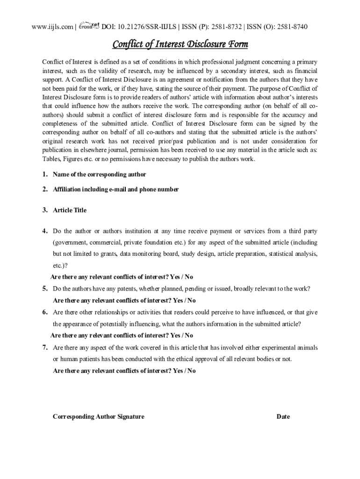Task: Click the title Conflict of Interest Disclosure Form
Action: point(180,44)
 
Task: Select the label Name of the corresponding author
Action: point(99,174)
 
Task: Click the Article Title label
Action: point(70,210)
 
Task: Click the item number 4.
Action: point(45,231)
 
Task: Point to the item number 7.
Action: point(45,348)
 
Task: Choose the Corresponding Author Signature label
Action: point(99,416)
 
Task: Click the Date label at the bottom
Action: point(283,416)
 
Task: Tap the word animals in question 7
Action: point(307,348)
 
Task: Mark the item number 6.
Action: point(45,312)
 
